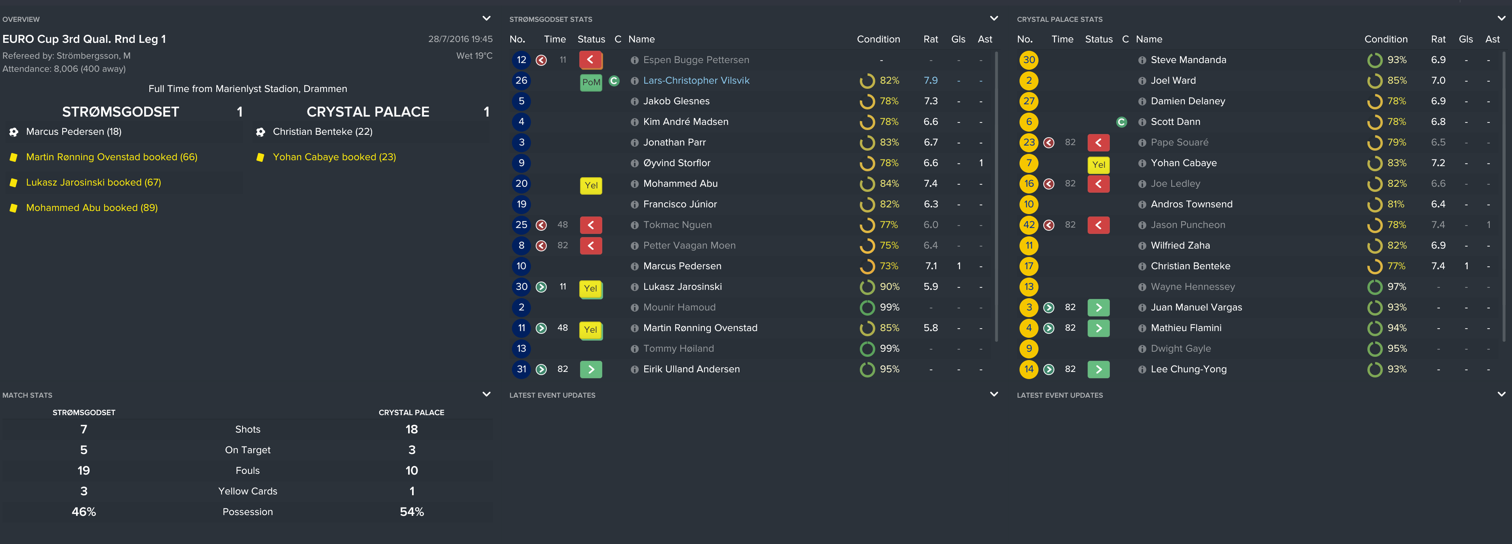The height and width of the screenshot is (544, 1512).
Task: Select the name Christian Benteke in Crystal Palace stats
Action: [1190, 266]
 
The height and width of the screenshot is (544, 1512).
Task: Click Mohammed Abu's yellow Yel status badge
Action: [590, 186]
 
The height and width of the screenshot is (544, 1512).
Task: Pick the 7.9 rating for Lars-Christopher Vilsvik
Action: [930, 80]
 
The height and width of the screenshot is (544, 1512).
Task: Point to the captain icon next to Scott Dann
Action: [1121, 122]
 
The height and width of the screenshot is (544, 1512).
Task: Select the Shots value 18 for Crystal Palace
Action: [411, 429]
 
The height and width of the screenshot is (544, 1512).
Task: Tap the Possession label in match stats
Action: [248, 512]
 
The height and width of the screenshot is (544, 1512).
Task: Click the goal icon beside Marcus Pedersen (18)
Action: [13, 132]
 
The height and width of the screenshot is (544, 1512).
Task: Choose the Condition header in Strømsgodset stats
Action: [878, 39]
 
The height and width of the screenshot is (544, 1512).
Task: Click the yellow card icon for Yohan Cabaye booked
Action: [260, 157]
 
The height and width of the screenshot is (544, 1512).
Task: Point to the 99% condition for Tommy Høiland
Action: [889, 349]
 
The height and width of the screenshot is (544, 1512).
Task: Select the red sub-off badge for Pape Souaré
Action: [1098, 143]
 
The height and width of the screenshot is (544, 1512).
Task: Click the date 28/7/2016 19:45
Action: [460, 39]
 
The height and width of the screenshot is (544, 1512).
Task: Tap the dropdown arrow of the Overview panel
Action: [486, 19]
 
